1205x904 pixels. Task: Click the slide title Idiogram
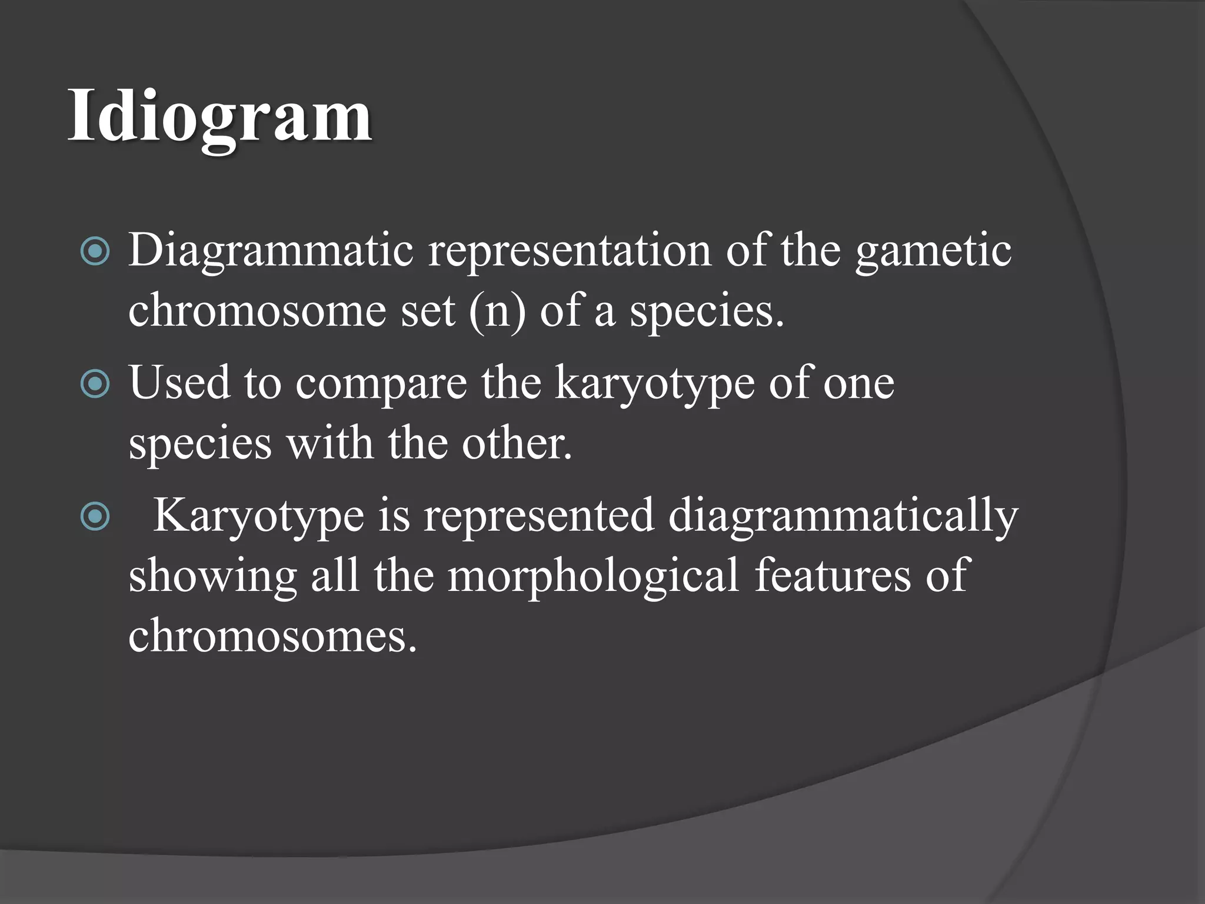point(219,117)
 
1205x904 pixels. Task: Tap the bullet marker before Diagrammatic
point(95,252)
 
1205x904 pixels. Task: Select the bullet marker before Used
point(95,384)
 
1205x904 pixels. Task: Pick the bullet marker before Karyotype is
point(95,517)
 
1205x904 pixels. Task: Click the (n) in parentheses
point(497,311)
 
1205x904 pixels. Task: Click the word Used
point(179,383)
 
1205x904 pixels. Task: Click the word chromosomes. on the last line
point(272,636)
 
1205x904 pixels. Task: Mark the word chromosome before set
point(257,311)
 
